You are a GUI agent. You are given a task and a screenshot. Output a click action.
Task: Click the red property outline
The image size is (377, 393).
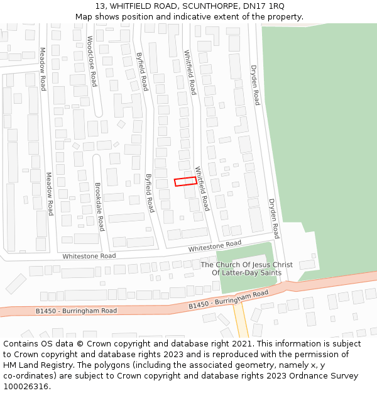(x=185, y=181)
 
